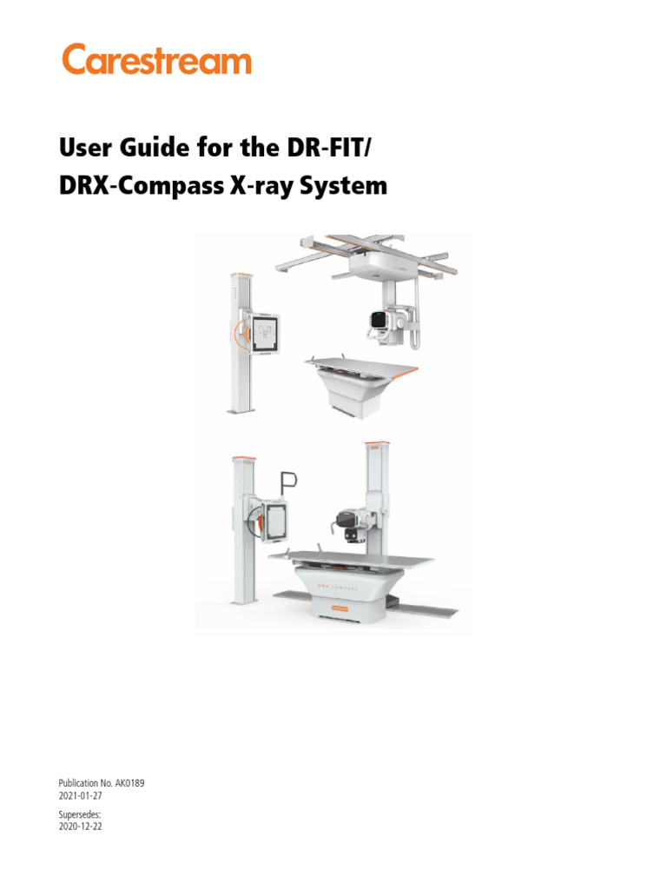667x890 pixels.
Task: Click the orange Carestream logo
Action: [156, 60]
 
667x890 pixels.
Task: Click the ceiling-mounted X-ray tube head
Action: [380, 322]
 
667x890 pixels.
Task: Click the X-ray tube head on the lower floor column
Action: [348, 524]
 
